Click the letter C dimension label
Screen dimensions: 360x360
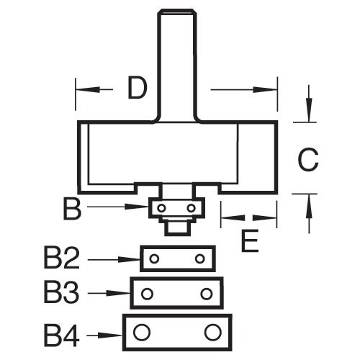[x=307, y=158]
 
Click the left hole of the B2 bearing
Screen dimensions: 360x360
[x=153, y=258]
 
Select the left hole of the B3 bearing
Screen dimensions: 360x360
[x=148, y=294]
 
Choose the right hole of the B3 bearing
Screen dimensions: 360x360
[x=207, y=294]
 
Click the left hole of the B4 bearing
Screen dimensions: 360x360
[x=142, y=332]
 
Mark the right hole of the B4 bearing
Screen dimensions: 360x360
[x=212, y=332]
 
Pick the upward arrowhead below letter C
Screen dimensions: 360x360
[x=308, y=203]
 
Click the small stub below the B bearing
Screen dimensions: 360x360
[x=176, y=226]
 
